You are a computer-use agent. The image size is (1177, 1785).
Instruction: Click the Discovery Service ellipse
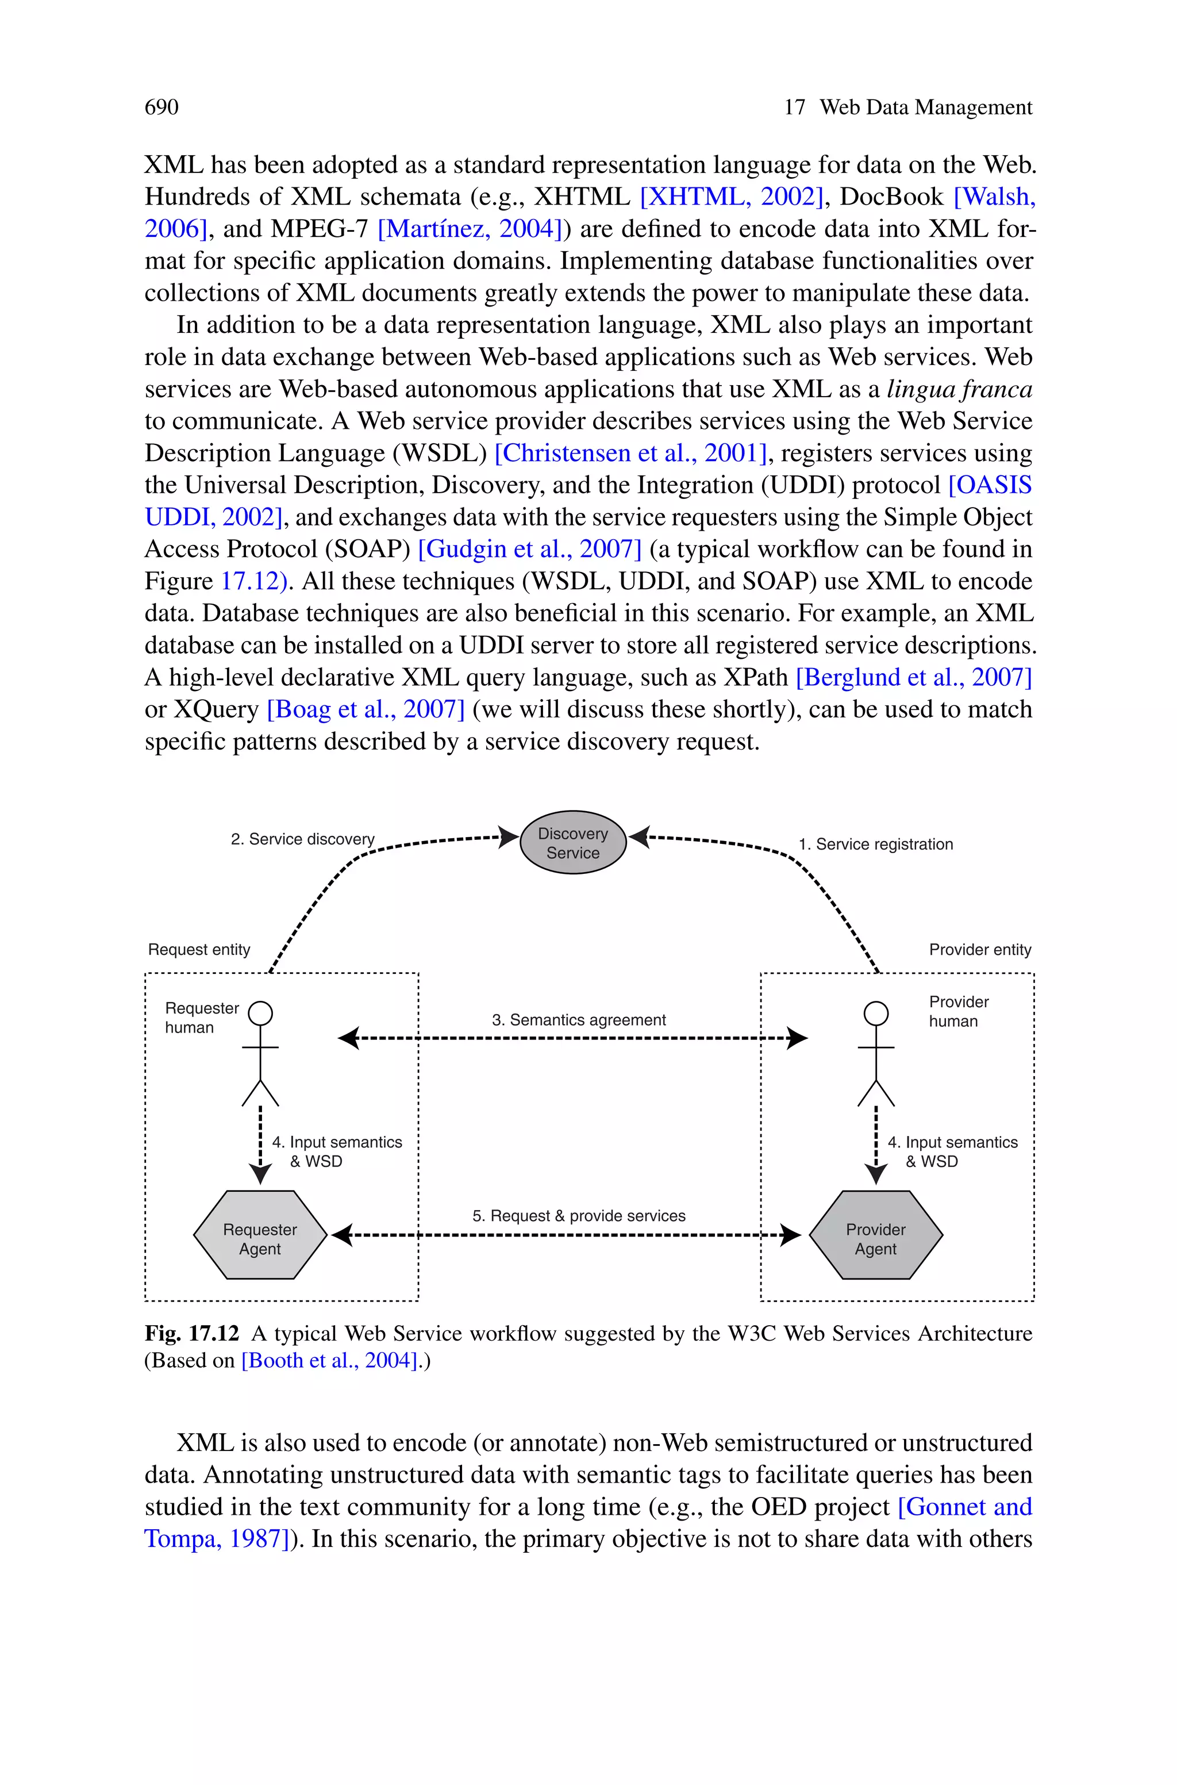[573, 842]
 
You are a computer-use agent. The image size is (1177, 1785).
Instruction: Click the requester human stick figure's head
[260, 1014]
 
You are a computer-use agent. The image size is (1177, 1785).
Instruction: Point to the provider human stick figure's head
[875, 1014]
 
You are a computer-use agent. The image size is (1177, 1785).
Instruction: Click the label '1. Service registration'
[875, 844]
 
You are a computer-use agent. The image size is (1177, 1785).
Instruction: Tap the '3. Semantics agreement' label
[579, 1019]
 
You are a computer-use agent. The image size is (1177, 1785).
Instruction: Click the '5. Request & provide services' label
[579, 1215]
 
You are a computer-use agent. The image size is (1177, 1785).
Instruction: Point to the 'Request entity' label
[199, 950]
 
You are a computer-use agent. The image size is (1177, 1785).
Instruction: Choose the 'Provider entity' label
[979, 950]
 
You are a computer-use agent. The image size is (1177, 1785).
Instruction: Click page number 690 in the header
[161, 108]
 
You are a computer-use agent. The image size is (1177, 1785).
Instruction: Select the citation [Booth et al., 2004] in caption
[329, 1360]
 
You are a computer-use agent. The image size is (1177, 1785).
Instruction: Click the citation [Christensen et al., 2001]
[630, 454]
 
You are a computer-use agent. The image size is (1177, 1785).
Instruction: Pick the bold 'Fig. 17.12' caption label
[191, 1333]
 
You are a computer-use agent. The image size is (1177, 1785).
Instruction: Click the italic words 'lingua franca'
[959, 389]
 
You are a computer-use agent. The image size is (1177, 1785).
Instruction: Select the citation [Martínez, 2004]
[470, 229]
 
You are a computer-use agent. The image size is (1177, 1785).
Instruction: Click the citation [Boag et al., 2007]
[366, 709]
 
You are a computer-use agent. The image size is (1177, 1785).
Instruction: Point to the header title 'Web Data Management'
[925, 108]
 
